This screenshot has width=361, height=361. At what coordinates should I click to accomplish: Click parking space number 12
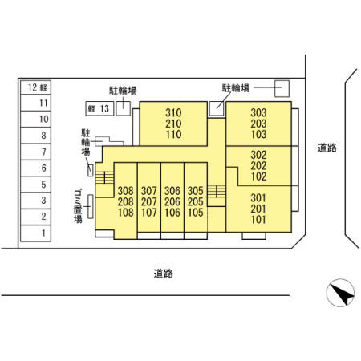(x=35, y=87)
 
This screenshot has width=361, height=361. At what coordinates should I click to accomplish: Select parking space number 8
(x=35, y=136)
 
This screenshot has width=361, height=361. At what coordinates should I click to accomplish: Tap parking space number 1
(x=35, y=233)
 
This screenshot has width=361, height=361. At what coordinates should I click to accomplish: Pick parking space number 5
(x=35, y=185)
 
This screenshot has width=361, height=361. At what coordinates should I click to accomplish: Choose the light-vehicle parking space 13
(x=99, y=108)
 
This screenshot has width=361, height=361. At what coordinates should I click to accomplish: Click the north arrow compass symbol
(x=340, y=293)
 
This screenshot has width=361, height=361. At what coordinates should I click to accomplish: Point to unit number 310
(x=173, y=113)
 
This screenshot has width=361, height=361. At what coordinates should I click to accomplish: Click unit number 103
(x=258, y=134)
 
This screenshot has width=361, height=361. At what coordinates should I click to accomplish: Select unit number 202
(x=258, y=166)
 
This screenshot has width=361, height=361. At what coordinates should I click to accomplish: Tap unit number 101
(x=258, y=220)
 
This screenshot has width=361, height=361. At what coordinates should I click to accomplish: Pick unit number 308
(x=125, y=191)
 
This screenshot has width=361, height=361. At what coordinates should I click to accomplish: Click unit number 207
(x=149, y=201)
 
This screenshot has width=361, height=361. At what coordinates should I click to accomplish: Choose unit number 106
(x=172, y=213)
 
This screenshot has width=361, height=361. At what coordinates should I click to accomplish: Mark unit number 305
(x=196, y=191)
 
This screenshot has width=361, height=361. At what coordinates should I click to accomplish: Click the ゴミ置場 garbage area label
(x=78, y=206)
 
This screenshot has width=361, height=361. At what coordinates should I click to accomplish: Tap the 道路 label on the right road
(x=327, y=148)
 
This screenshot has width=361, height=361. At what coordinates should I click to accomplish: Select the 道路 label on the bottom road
(x=164, y=274)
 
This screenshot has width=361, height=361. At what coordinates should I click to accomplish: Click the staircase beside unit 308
(x=104, y=177)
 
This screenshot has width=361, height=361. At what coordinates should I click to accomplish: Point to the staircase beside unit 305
(x=217, y=192)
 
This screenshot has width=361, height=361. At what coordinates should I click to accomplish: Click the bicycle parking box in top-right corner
(x=282, y=88)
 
